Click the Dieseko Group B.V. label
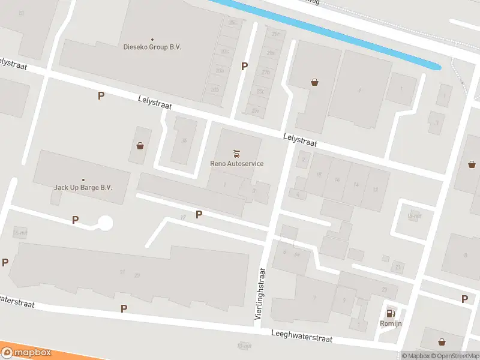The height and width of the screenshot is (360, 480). point(152,47)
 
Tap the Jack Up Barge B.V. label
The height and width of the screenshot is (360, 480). point(83,187)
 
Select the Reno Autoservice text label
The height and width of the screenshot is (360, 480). point(236,163)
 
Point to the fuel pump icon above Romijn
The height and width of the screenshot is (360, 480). point(391,313)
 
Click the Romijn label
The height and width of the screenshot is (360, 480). point(391,323)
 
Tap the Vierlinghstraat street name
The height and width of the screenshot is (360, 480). point(262,293)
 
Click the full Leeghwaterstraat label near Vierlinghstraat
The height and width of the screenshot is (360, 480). point(301,336)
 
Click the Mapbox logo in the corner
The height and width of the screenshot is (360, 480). point(26,353)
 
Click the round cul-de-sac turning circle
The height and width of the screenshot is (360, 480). point(106,223)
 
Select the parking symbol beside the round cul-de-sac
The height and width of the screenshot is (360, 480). point(75,220)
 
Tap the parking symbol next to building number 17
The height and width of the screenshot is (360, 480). point(199,214)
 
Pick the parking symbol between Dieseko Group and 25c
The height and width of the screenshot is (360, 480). point(244,66)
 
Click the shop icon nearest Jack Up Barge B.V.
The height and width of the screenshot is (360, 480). point(140,145)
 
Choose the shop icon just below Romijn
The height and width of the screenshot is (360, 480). point(442,342)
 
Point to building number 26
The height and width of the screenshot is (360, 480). point(184,141)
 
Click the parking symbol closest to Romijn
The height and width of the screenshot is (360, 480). point(464,299)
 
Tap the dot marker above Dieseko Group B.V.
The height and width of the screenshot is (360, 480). point(152,39)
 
